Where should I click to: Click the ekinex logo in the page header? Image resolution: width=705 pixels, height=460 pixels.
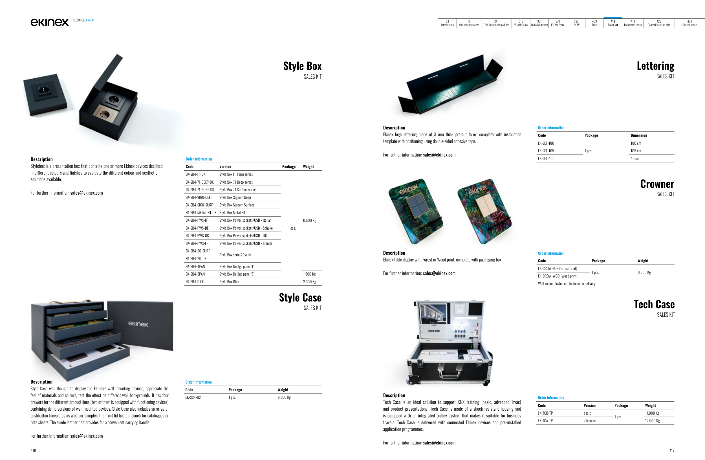coord(49,22)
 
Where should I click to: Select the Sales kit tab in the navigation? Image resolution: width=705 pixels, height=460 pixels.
coord(613,23)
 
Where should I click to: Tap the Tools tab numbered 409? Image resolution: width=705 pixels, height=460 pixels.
coord(594,23)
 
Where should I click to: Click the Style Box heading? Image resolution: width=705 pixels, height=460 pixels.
coord(302,66)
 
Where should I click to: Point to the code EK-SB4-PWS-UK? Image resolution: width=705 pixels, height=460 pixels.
coord(197,236)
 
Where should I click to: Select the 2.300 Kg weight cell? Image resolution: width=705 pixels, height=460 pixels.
coord(309,282)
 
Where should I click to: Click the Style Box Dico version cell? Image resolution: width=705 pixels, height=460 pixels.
coord(229,282)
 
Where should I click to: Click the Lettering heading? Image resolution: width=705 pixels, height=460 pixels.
coord(655,66)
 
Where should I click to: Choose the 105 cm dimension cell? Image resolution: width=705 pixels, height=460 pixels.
coord(636,151)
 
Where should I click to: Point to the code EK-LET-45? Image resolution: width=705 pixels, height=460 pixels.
coord(545,159)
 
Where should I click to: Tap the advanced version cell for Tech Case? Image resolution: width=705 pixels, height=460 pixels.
coord(590,421)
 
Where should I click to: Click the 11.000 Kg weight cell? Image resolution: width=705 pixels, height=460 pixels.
coord(652,413)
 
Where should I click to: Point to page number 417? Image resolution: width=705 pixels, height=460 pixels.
coord(671,450)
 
